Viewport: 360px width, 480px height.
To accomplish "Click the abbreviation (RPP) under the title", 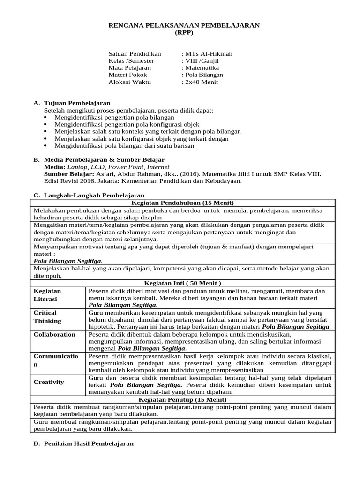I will coord(184,33).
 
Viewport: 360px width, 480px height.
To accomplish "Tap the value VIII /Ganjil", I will coord(200,61).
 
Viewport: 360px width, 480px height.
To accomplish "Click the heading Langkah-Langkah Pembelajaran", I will coord(94,195).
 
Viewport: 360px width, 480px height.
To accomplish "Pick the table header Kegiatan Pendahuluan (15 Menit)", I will coord(182,202).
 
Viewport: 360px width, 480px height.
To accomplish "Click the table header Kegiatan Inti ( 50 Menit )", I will coord(182,283).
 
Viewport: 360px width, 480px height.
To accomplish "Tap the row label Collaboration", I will coord(54,334).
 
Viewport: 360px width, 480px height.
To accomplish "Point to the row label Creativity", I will coord(49,382).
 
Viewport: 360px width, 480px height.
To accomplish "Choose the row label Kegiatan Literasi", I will coord(47,294).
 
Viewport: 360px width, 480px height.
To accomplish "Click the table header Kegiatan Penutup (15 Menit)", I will coord(182,399).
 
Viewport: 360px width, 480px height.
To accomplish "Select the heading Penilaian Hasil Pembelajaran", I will coord(89,443).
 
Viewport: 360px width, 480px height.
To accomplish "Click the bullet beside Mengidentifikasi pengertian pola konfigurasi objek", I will coord(45,124).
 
